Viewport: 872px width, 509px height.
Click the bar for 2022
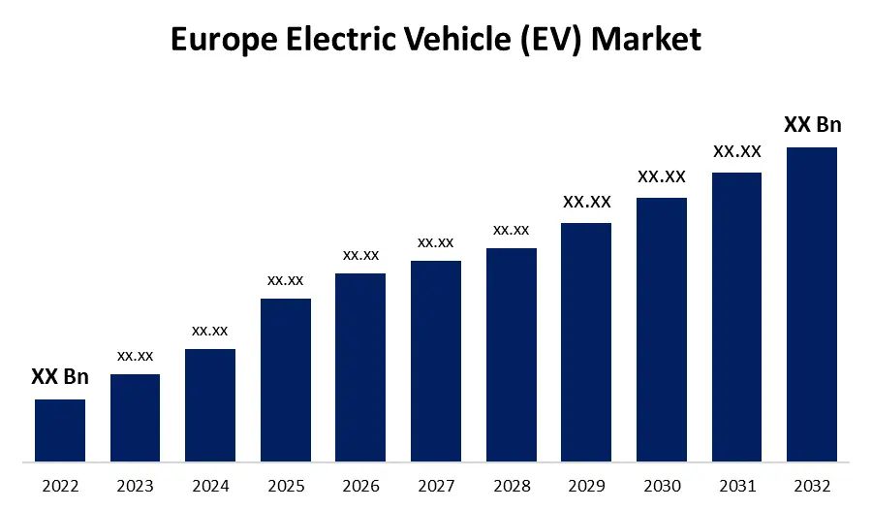point(60,430)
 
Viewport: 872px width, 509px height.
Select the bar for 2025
point(286,380)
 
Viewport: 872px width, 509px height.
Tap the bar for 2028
point(512,355)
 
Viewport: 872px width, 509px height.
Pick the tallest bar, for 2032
point(812,304)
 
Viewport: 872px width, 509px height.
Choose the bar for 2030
point(662,330)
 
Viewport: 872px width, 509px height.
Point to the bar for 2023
point(135,418)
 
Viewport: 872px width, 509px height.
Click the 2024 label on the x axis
point(210,485)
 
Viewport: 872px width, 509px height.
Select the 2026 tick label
point(360,485)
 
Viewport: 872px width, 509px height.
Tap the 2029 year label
point(586,485)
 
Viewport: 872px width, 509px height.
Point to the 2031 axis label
point(736,485)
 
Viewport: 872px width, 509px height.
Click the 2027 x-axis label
point(436,485)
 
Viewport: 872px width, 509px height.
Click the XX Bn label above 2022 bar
point(60,377)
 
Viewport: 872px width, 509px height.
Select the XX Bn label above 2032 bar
point(812,125)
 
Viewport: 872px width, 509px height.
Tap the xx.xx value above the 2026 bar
point(360,255)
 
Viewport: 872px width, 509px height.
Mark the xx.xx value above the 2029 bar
point(586,202)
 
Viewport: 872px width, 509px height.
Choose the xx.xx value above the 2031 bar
point(736,151)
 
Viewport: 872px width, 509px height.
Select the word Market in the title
point(646,40)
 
